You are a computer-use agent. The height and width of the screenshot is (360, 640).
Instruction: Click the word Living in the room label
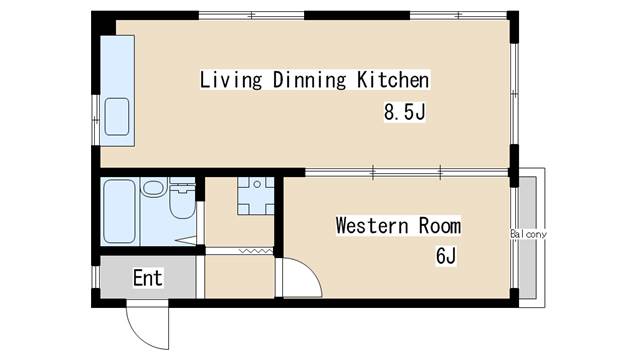click(x=231, y=80)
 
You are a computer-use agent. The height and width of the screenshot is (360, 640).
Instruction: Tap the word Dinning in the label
click(x=309, y=80)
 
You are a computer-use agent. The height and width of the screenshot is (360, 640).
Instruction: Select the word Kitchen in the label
click(x=393, y=80)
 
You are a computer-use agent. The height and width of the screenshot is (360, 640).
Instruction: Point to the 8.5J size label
click(x=404, y=111)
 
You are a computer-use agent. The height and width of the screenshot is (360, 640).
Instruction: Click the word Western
click(x=372, y=226)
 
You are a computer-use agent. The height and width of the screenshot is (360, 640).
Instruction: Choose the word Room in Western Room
click(x=440, y=226)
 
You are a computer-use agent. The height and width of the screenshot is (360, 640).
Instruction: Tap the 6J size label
click(x=446, y=256)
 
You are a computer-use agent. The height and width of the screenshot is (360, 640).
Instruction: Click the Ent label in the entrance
click(x=148, y=278)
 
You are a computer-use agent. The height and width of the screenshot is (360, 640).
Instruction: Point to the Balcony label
click(x=528, y=234)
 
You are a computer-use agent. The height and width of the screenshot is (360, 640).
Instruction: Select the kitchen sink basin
click(x=117, y=117)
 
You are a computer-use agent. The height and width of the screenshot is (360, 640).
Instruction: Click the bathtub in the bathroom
click(x=119, y=211)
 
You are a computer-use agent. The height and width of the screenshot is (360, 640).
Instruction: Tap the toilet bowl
click(x=182, y=202)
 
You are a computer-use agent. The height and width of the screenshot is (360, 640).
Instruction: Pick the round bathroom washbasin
click(x=153, y=188)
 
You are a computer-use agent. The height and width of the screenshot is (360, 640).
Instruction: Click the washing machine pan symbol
click(x=256, y=196)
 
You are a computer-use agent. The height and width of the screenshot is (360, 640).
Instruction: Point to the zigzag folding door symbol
click(x=256, y=251)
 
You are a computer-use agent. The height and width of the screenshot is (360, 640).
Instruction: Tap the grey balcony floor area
click(x=527, y=238)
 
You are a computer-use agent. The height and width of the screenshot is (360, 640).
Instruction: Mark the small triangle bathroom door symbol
click(x=187, y=240)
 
